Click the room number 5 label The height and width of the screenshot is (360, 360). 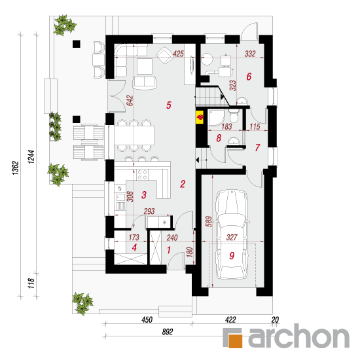pos(169,105)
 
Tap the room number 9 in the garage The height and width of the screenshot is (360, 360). pos(232,255)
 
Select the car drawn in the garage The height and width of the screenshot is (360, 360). pos(232,234)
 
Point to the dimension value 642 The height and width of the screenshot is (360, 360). pos(130,100)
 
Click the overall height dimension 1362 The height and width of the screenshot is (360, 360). pos(16,168)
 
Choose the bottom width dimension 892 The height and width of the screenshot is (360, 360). pos(168,332)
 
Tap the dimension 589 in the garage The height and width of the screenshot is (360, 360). pos(209,221)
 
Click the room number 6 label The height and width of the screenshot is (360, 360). pos(249,77)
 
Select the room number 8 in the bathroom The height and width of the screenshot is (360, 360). pos(219,138)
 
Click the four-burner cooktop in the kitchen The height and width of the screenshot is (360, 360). pos(142,175)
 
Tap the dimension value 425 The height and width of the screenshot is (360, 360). pos(178,54)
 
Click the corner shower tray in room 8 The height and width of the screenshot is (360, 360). pos(216,118)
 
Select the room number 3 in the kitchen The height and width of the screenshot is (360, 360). pos(144,194)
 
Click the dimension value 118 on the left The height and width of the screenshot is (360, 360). pos(31,283)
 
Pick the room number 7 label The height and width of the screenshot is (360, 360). pos(257,148)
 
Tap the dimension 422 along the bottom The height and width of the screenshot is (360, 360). pos(230,319)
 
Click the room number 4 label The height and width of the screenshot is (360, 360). pos(134,247)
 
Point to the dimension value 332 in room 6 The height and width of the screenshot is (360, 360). pos(250,54)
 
